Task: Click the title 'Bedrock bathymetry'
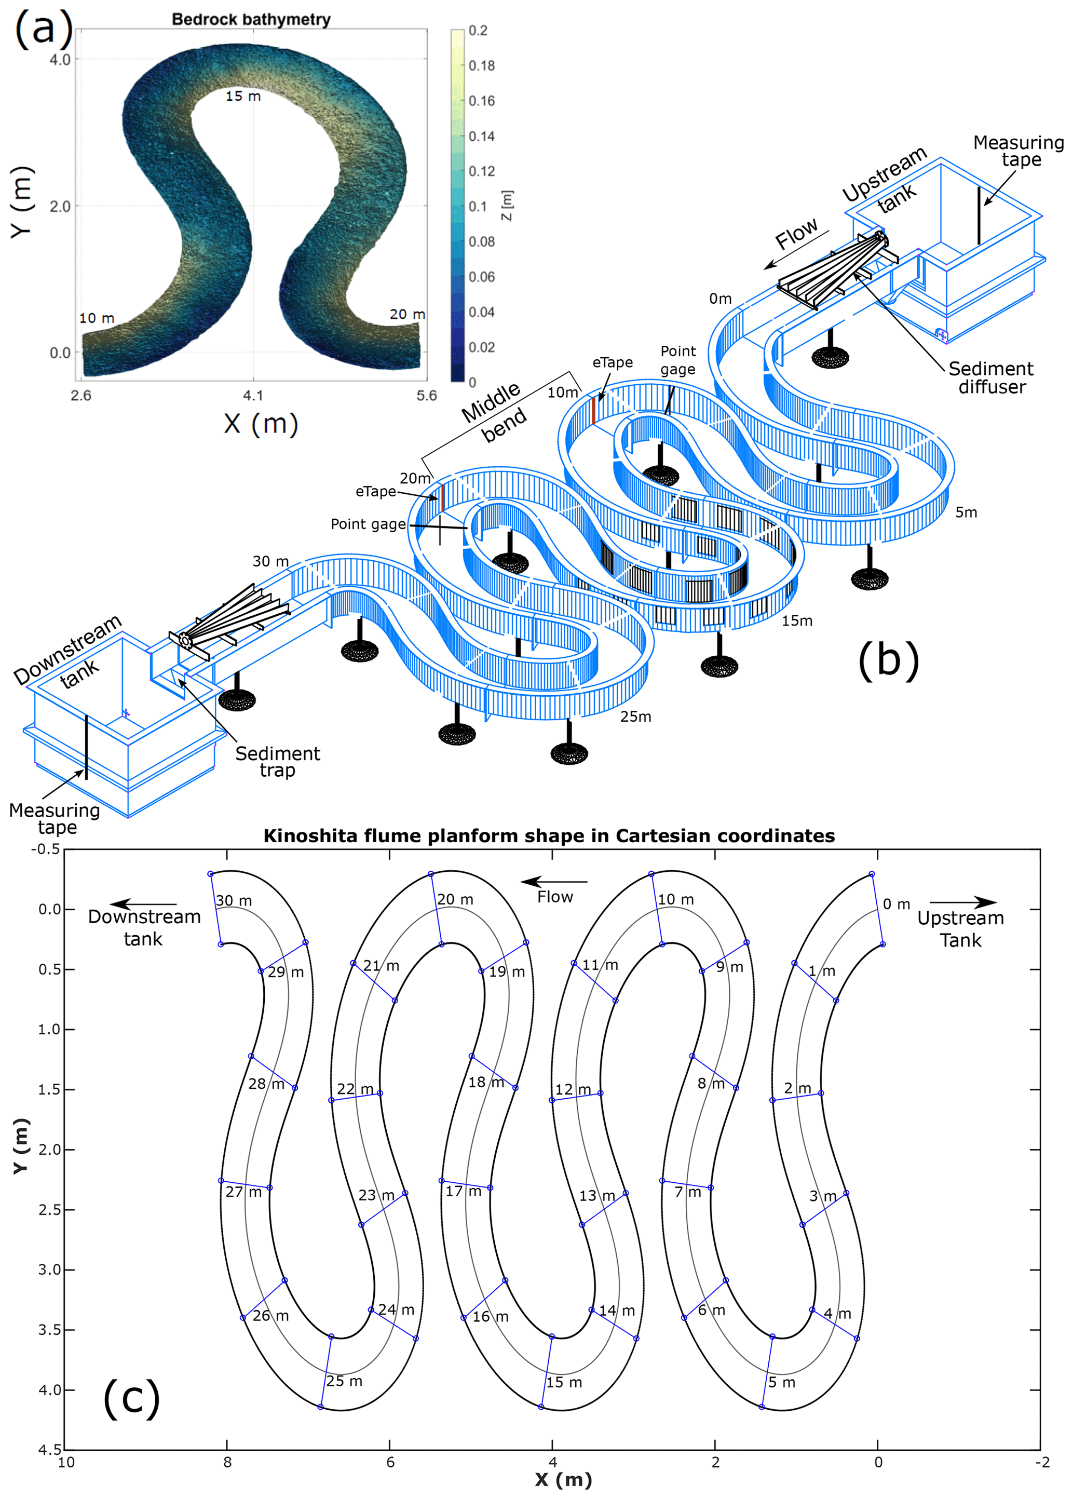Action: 251,19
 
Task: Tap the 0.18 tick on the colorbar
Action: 481,65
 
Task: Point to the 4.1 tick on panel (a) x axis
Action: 253,395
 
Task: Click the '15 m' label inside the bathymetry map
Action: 243,97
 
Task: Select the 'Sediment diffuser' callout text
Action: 990,377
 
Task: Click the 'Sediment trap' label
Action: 278,761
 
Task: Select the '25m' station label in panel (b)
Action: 635,717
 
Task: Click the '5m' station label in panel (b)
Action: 966,512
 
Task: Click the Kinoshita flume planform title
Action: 549,835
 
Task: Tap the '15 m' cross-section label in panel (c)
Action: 564,1383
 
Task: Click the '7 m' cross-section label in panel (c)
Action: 688,1192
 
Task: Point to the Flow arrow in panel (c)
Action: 554,882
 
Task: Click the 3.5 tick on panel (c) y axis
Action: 50,1330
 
